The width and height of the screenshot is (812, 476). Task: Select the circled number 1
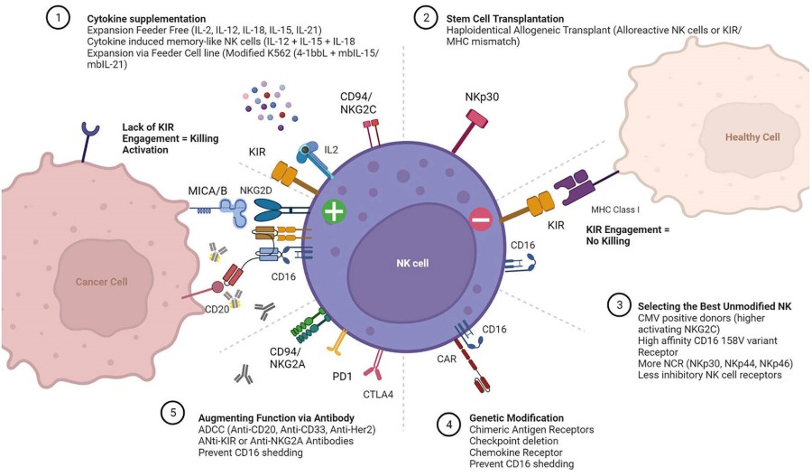(58, 19)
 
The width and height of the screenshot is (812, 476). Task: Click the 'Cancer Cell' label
(100, 281)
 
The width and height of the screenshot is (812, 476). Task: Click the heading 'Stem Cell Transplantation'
(507, 17)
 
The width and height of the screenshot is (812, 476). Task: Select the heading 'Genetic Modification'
(517, 418)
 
